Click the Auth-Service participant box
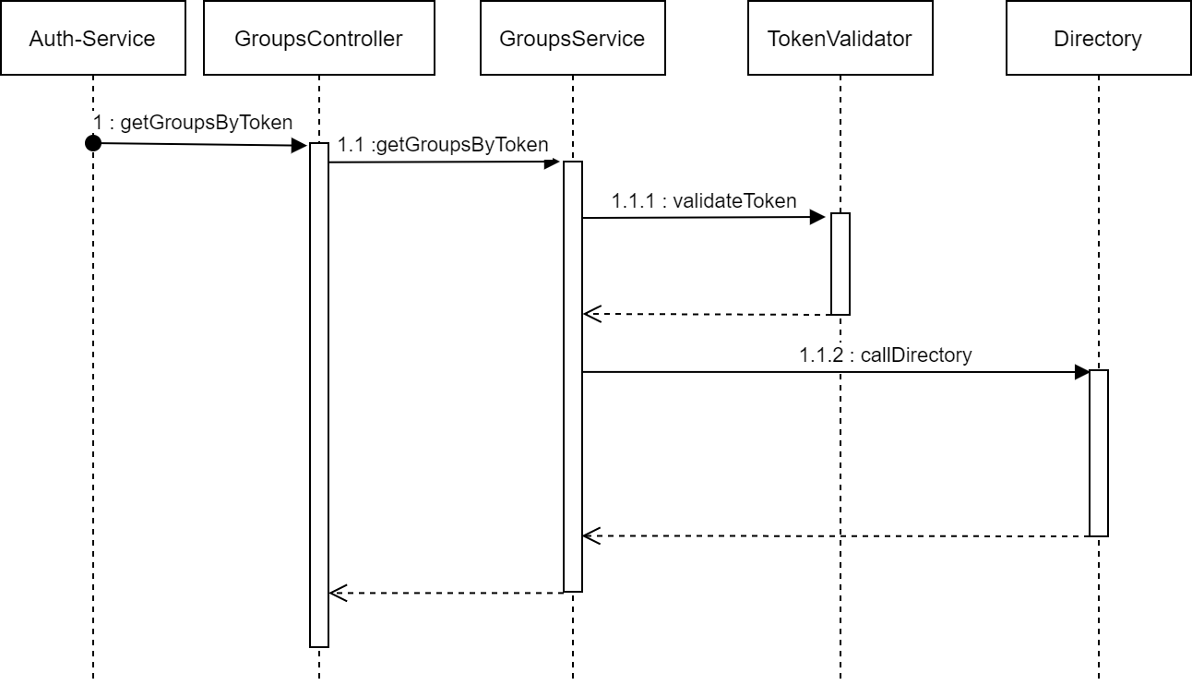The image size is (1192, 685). [x=93, y=38]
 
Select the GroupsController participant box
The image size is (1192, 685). [x=318, y=38]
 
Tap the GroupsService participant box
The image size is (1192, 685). [x=573, y=38]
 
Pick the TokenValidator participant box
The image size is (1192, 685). [x=840, y=38]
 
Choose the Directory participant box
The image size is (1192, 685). [x=1098, y=38]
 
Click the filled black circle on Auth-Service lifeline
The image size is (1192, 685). [x=93, y=143]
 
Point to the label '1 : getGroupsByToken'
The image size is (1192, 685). [x=193, y=123]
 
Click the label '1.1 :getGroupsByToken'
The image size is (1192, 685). [x=443, y=145]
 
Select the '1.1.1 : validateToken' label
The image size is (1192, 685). [x=704, y=201]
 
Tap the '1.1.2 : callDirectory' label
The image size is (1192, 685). [x=886, y=355]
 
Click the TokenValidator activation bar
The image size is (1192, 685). [x=840, y=264]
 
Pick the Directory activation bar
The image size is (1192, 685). [x=1098, y=452]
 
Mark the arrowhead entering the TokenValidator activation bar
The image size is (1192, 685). [x=817, y=217]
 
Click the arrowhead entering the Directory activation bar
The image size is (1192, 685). [x=1081, y=372]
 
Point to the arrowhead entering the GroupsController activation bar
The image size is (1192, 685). [x=299, y=146]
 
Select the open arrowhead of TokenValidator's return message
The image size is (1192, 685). [x=591, y=314]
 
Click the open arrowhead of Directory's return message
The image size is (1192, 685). [x=591, y=535]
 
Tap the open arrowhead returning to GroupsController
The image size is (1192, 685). [x=339, y=593]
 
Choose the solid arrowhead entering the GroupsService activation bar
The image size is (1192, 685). [x=552, y=162]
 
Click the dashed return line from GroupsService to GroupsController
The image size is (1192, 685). [x=447, y=593]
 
